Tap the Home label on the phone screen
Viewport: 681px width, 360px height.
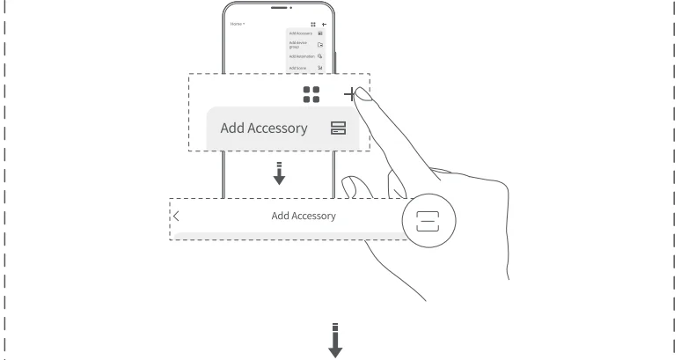click(236, 24)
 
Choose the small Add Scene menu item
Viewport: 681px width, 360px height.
click(297, 67)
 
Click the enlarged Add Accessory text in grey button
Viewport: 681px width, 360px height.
click(264, 128)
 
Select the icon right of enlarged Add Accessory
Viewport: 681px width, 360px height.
click(338, 129)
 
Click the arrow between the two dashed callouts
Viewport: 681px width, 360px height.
click(279, 174)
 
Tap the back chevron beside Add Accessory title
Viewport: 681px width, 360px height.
click(176, 216)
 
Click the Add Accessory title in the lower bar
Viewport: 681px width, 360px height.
click(303, 216)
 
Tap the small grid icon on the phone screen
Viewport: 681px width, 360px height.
click(312, 24)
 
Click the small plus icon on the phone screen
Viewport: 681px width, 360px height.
click(323, 24)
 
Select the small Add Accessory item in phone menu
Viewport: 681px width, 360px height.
click(299, 33)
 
